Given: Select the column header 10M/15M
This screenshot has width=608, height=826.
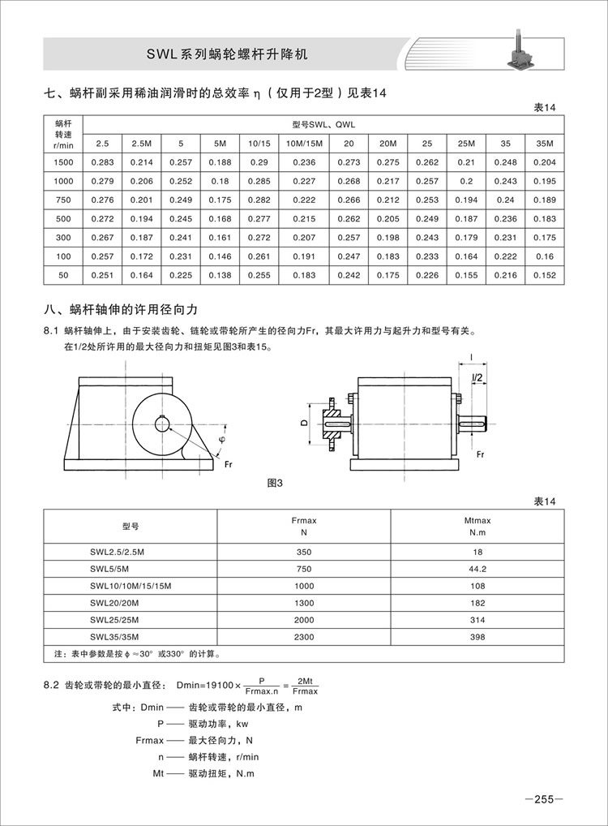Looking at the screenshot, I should pyautogui.click(x=305, y=144).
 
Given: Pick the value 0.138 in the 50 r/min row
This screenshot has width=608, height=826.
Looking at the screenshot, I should pyautogui.click(x=220, y=275).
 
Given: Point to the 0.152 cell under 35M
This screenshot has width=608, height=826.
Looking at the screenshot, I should pyautogui.click(x=545, y=275).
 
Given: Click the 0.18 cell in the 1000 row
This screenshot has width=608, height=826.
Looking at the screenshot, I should pyautogui.click(x=220, y=181).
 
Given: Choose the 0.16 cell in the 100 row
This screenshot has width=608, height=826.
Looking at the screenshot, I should pyautogui.click(x=545, y=256).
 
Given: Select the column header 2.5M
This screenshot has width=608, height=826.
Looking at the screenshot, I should pyautogui.click(x=141, y=144).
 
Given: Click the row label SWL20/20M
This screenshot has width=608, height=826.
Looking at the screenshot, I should pyautogui.click(x=115, y=603).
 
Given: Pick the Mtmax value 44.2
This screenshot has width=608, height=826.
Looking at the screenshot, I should pyautogui.click(x=477, y=568).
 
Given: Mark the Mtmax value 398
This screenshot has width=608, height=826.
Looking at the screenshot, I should pyautogui.click(x=477, y=637).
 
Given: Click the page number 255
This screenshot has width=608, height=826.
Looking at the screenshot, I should pyautogui.click(x=543, y=798).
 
